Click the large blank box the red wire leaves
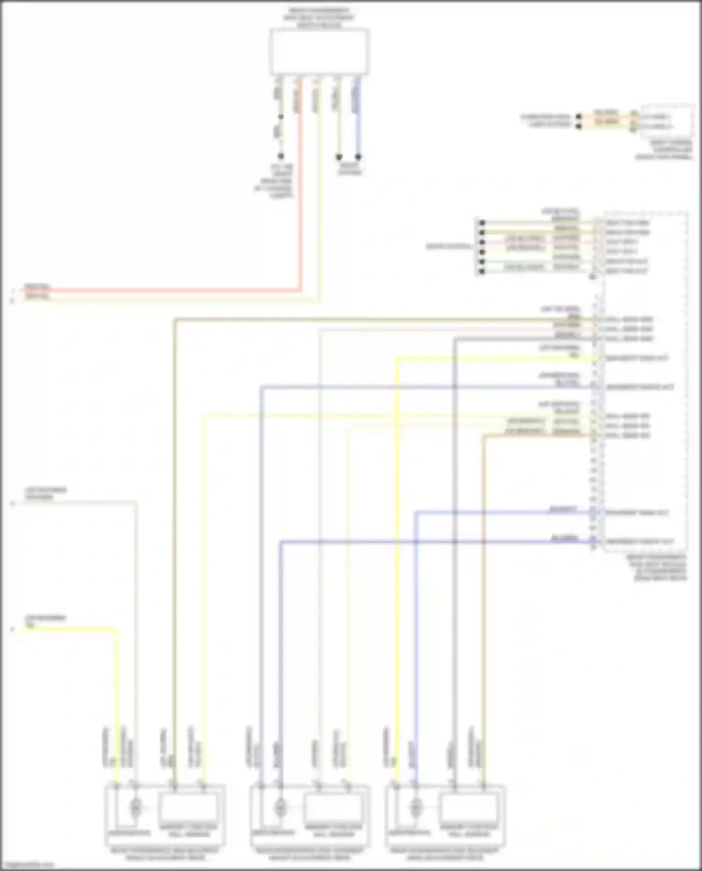point(319,51)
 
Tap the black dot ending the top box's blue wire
point(358,157)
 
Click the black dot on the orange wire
point(579,116)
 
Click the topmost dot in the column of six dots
point(482,223)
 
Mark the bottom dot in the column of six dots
point(482,271)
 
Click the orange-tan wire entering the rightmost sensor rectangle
point(484,608)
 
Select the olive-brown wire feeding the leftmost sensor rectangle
point(174,562)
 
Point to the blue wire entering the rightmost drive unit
point(415,655)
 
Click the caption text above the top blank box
point(319,18)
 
